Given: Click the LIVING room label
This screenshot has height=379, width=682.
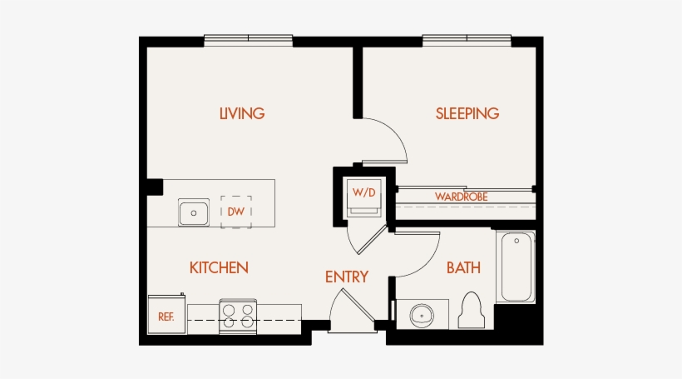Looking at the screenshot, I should click(x=242, y=113).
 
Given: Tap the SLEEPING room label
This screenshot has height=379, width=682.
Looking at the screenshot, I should click(x=467, y=113).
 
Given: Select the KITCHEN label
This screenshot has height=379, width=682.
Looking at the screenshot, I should click(x=219, y=267).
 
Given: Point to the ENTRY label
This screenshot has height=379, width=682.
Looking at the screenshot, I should click(x=346, y=277).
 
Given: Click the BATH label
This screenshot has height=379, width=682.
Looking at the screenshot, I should click(x=463, y=267).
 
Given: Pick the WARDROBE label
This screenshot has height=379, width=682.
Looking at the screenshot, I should click(x=461, y=197).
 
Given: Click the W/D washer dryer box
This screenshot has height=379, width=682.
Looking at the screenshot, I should click(x=364, y=192).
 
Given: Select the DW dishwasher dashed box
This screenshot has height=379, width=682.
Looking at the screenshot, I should click(x=236, y=212).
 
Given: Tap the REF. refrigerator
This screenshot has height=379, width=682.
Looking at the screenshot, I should click(x=166, y=316).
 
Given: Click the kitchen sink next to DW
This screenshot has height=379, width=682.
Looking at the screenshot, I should click(x=194, y=212).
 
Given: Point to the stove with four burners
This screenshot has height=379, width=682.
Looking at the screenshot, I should click(x=236, y=317).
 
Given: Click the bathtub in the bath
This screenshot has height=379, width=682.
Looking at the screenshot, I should click(x=516, y=267).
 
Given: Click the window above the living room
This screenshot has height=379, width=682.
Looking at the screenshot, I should click(x=248, y=38).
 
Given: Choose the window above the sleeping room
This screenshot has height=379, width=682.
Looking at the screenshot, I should click(x=466, y=38).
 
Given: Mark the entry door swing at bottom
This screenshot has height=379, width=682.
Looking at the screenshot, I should click(x=348, y=310).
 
